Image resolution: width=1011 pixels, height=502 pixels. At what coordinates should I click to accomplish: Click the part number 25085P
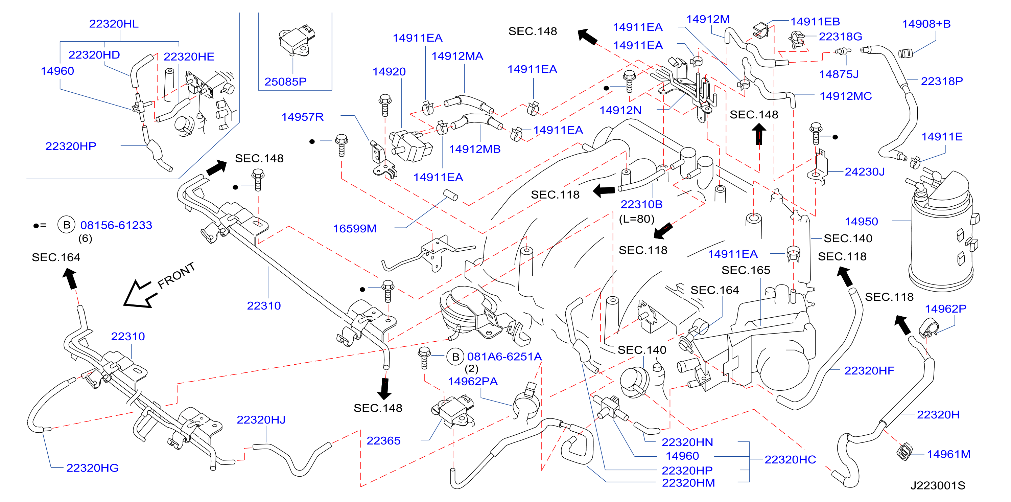[285, 82]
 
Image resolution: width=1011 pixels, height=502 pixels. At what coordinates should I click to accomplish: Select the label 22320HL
[114, 24]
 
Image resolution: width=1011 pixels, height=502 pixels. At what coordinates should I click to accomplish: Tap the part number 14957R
[302, 117]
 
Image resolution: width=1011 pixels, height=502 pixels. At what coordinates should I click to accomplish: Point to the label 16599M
[355, 228]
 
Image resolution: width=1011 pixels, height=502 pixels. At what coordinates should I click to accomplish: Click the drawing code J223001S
[938, 485]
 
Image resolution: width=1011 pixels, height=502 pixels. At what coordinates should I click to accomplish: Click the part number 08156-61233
[116, 225]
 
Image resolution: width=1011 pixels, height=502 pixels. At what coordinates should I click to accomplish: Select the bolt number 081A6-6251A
[504, 357]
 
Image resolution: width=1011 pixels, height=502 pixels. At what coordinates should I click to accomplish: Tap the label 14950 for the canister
[861, 222]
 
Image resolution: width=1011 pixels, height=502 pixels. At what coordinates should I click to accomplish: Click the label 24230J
[865, 172]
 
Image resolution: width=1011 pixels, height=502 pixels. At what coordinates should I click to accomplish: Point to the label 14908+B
[926, 24]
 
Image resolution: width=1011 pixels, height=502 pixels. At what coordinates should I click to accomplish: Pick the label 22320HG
[92, 468]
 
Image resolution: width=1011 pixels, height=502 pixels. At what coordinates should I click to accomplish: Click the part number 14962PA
[473, 381]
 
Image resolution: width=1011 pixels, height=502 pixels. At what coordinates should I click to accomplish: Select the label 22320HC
[790, 460]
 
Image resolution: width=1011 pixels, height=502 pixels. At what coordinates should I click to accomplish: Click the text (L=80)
[637, 219]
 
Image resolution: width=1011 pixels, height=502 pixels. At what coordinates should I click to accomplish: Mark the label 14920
[389, 71]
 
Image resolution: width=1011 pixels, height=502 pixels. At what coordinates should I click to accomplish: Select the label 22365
[383, 441]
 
